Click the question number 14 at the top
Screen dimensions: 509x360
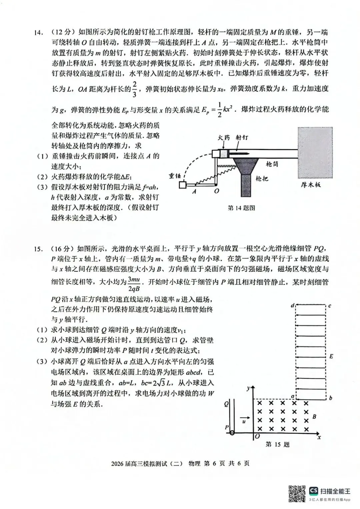coord(38,33)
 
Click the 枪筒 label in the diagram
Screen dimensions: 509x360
coord(272,164)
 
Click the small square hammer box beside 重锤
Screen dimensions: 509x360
coord(182,184)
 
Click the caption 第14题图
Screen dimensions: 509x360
coord(241,208)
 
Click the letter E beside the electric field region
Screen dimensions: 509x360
coord(331,356)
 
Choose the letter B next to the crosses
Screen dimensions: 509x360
coord(314,416)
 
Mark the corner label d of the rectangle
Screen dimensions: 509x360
coord(292,305)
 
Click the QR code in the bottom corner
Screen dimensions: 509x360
coord(297,494)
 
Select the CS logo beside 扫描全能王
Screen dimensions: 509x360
coord(313,491)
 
